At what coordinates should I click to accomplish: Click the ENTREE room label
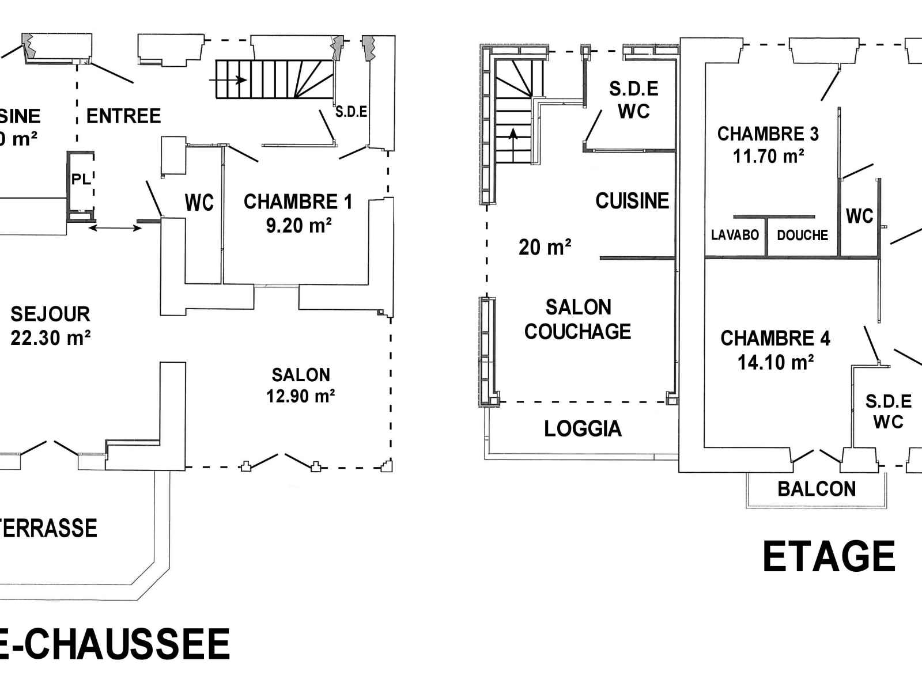(x=123, y=116)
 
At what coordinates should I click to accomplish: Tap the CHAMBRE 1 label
(x=297, y=202)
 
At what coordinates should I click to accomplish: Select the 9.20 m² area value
(x=298, y=226)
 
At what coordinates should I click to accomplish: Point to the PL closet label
(x=81, y=179)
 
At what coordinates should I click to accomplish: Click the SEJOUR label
(x=50, y=314)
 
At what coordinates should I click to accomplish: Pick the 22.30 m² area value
(x=50, y=338)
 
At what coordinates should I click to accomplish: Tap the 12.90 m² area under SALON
(x=300, y=396)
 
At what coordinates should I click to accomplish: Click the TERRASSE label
(x=48, y=528)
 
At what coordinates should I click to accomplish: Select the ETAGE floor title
(x=829, y=557)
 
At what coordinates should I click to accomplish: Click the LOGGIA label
(x=583, y=429)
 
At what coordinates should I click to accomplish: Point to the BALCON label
(x=817, y=489)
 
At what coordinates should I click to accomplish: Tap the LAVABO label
(x=735, y=235)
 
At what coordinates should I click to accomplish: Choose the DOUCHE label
(x=802, y=235)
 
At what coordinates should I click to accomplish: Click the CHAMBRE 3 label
(x=768, y=134)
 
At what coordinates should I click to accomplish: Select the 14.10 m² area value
(x=775, y=362)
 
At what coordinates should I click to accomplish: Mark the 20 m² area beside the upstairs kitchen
(x=545, y=248)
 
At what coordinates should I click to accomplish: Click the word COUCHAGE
(x=577, y=332)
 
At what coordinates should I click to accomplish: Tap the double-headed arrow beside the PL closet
(x=116, y=229)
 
